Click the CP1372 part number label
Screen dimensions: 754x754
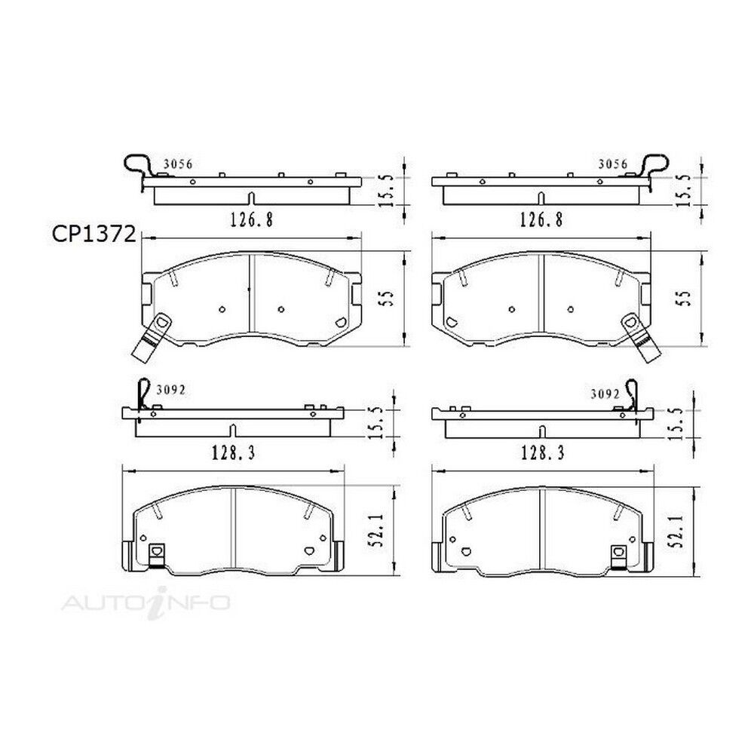tap(93, 234)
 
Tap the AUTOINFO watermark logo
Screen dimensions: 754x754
tap(146, 602)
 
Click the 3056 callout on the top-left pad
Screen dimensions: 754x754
tap(178, 164)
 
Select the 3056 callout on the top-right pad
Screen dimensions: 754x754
tap(612, 164)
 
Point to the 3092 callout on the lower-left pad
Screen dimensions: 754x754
tap(170, 390)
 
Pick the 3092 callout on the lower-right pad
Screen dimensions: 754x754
tap(605, 394)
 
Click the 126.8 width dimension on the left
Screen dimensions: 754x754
tap(252, 220)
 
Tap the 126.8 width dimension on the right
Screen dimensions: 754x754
tap(541, 220)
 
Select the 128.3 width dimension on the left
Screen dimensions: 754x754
tap(233, 452)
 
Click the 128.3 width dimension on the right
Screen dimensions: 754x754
tap(542, 452)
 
